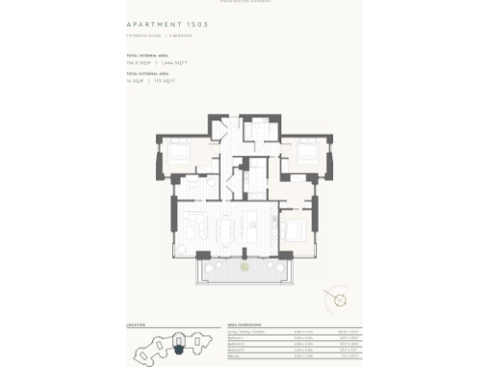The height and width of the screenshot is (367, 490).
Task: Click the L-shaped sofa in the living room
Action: (x=191, y=227)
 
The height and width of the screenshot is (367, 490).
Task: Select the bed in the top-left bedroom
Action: (x=178, y=151)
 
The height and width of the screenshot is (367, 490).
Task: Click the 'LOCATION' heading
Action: (x=136, y=325)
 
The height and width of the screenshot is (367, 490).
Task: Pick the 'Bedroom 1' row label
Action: (x=239, y=338)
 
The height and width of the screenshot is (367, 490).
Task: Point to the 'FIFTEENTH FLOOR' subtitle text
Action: (x=142, y=35)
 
